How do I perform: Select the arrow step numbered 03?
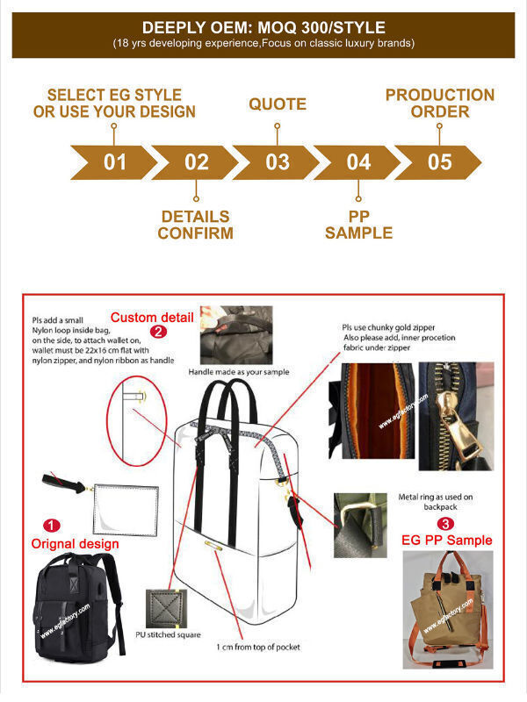(277, 162)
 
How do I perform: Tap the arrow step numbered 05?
(439, 162)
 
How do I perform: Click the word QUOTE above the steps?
(277, 104)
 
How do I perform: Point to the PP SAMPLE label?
(358, 225)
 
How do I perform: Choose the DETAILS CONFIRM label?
(196, 225)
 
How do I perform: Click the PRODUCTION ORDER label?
(439, 104)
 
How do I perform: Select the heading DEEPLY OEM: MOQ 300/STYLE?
(263, 27)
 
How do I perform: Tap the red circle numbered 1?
(53, 526)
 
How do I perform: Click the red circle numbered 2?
(158, 332)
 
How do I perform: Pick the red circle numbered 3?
(447, 524)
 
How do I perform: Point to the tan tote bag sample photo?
(447, 605)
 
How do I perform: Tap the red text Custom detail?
(150, 316)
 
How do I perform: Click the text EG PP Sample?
(446, 541)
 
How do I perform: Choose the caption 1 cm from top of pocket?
(257, 647)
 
